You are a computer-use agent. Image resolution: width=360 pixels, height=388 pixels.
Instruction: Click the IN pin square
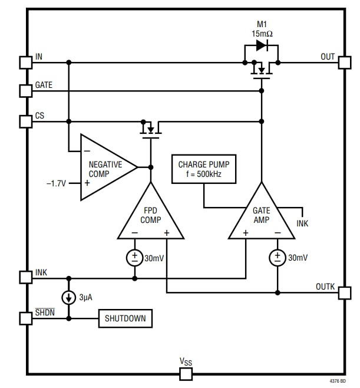tap(25, 62)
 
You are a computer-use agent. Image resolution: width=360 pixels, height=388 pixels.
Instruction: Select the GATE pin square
tap(25, 91)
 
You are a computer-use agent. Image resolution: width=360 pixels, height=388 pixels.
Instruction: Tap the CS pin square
tap(25, 121)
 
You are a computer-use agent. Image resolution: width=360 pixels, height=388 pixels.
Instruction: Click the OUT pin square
tap(344, 62)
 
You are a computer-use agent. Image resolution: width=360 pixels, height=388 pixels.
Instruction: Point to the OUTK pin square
tap(344, 292)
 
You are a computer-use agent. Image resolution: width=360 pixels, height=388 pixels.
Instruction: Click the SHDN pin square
tap(25, 318)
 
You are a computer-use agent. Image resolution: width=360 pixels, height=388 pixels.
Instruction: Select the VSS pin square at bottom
tap(186, 373)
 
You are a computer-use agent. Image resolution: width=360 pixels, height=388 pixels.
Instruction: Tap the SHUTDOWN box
tap(125, 318)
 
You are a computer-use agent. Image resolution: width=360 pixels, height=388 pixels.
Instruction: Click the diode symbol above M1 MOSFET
tap(262, 45)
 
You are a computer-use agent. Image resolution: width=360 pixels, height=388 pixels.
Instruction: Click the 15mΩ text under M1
tap(262, 33)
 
